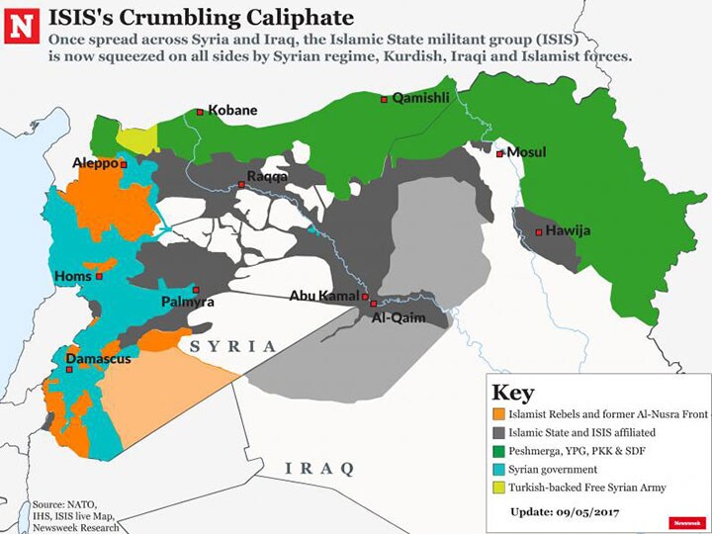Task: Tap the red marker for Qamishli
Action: coord(386,99)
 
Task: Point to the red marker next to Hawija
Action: coord(538,232)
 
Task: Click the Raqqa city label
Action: coord(268,176)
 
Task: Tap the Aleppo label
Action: coord(95,162)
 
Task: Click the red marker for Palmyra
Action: coord(196,289)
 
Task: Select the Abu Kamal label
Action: coord(323,296)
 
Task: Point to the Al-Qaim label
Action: coord(398,318)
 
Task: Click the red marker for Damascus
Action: coord(69,370)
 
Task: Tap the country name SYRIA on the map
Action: coord(232,346)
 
